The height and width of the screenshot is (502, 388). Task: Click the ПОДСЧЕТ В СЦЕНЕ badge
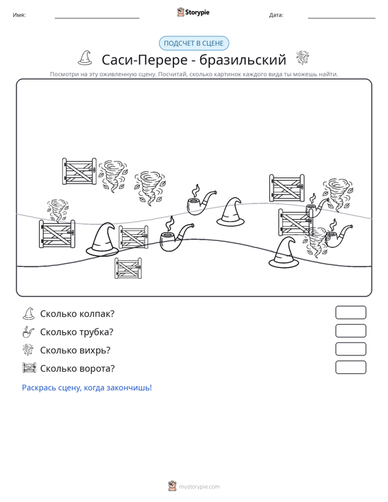pyautogui.click(x=194, y=43)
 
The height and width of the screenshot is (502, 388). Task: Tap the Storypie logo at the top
pyautogui.click(x=193, y=12)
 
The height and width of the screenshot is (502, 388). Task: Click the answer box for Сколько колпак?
pyautogui.click(x=350, y=312)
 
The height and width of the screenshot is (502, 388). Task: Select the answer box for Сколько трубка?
pyautogui.click(x=350, y=331)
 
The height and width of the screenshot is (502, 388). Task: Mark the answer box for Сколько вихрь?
pyautogui.click(x=350, y=349)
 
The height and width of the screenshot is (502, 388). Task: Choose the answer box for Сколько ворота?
pyautogui.click(x=350, y=367)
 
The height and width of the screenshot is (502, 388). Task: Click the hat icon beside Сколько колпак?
pyautogui.click(x=29, y=314)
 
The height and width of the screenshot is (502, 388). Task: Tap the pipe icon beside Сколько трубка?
pyautogui.click(x=28, y=332)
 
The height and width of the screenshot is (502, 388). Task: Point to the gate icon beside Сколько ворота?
pyautogui.click(x=29, y=368)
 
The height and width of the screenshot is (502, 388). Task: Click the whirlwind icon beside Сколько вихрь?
pyautogui.click(x=28, y=349)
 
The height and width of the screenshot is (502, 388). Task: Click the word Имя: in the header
pyautogui.click(x=19, y=15)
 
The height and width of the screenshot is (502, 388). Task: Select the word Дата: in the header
pyautogui.click(x=276, y=15)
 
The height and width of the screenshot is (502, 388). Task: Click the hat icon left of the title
pyautogui.click(x=85, y=58)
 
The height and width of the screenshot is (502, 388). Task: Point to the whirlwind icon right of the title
pyautogui.click(x=302, y=58)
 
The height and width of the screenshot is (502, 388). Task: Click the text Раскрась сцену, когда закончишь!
pyautogui.click(x=87, y=388)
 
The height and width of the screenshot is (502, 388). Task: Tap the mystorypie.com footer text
pyautogui.click(x=199, y=487)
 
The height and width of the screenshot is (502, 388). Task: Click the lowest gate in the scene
pyautogui.click(x=128, y=268)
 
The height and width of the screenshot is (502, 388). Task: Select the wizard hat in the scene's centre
pyautogui.click(x=231, y=212)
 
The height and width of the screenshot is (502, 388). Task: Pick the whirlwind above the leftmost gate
pyautogui.click(x=58, y=210)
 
